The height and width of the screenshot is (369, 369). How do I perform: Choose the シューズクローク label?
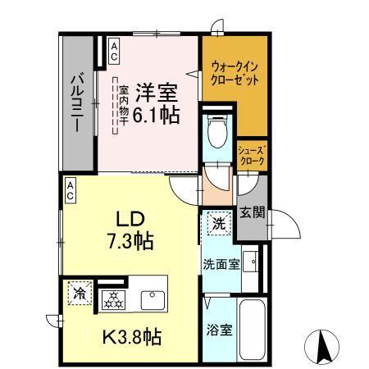click(251, 157)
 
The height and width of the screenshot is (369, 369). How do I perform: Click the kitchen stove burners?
click(114, 300)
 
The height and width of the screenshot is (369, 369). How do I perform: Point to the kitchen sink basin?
click(153, 299)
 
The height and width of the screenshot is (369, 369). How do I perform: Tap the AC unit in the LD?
click(71, 191)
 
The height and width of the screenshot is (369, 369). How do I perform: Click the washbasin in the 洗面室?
click(253, 262)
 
